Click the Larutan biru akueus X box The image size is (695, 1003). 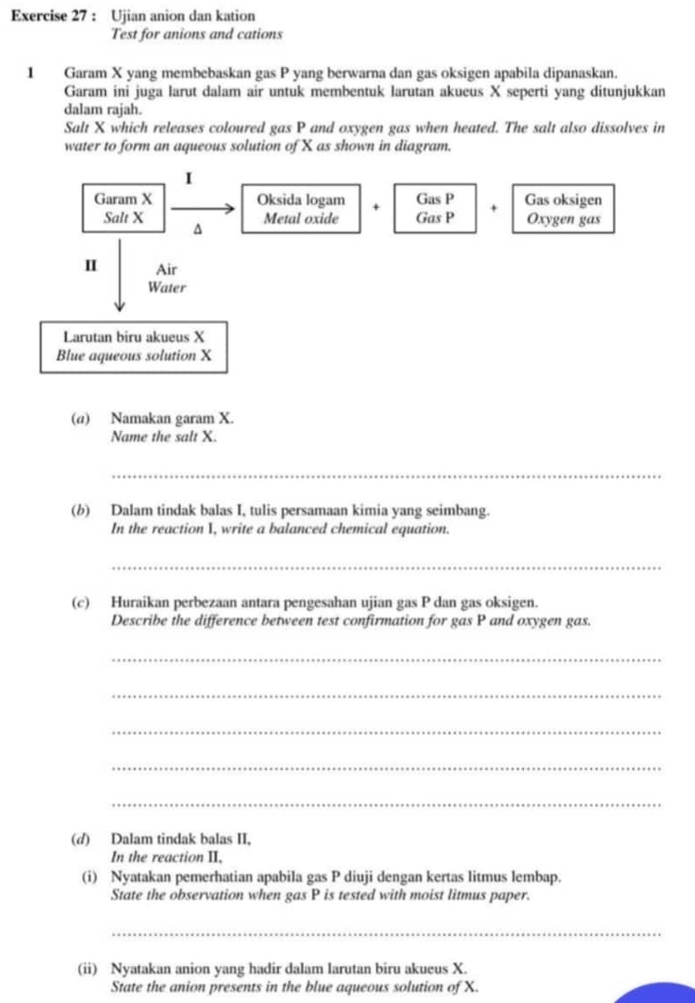(134, 346)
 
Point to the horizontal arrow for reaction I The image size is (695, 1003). (203, 210)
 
